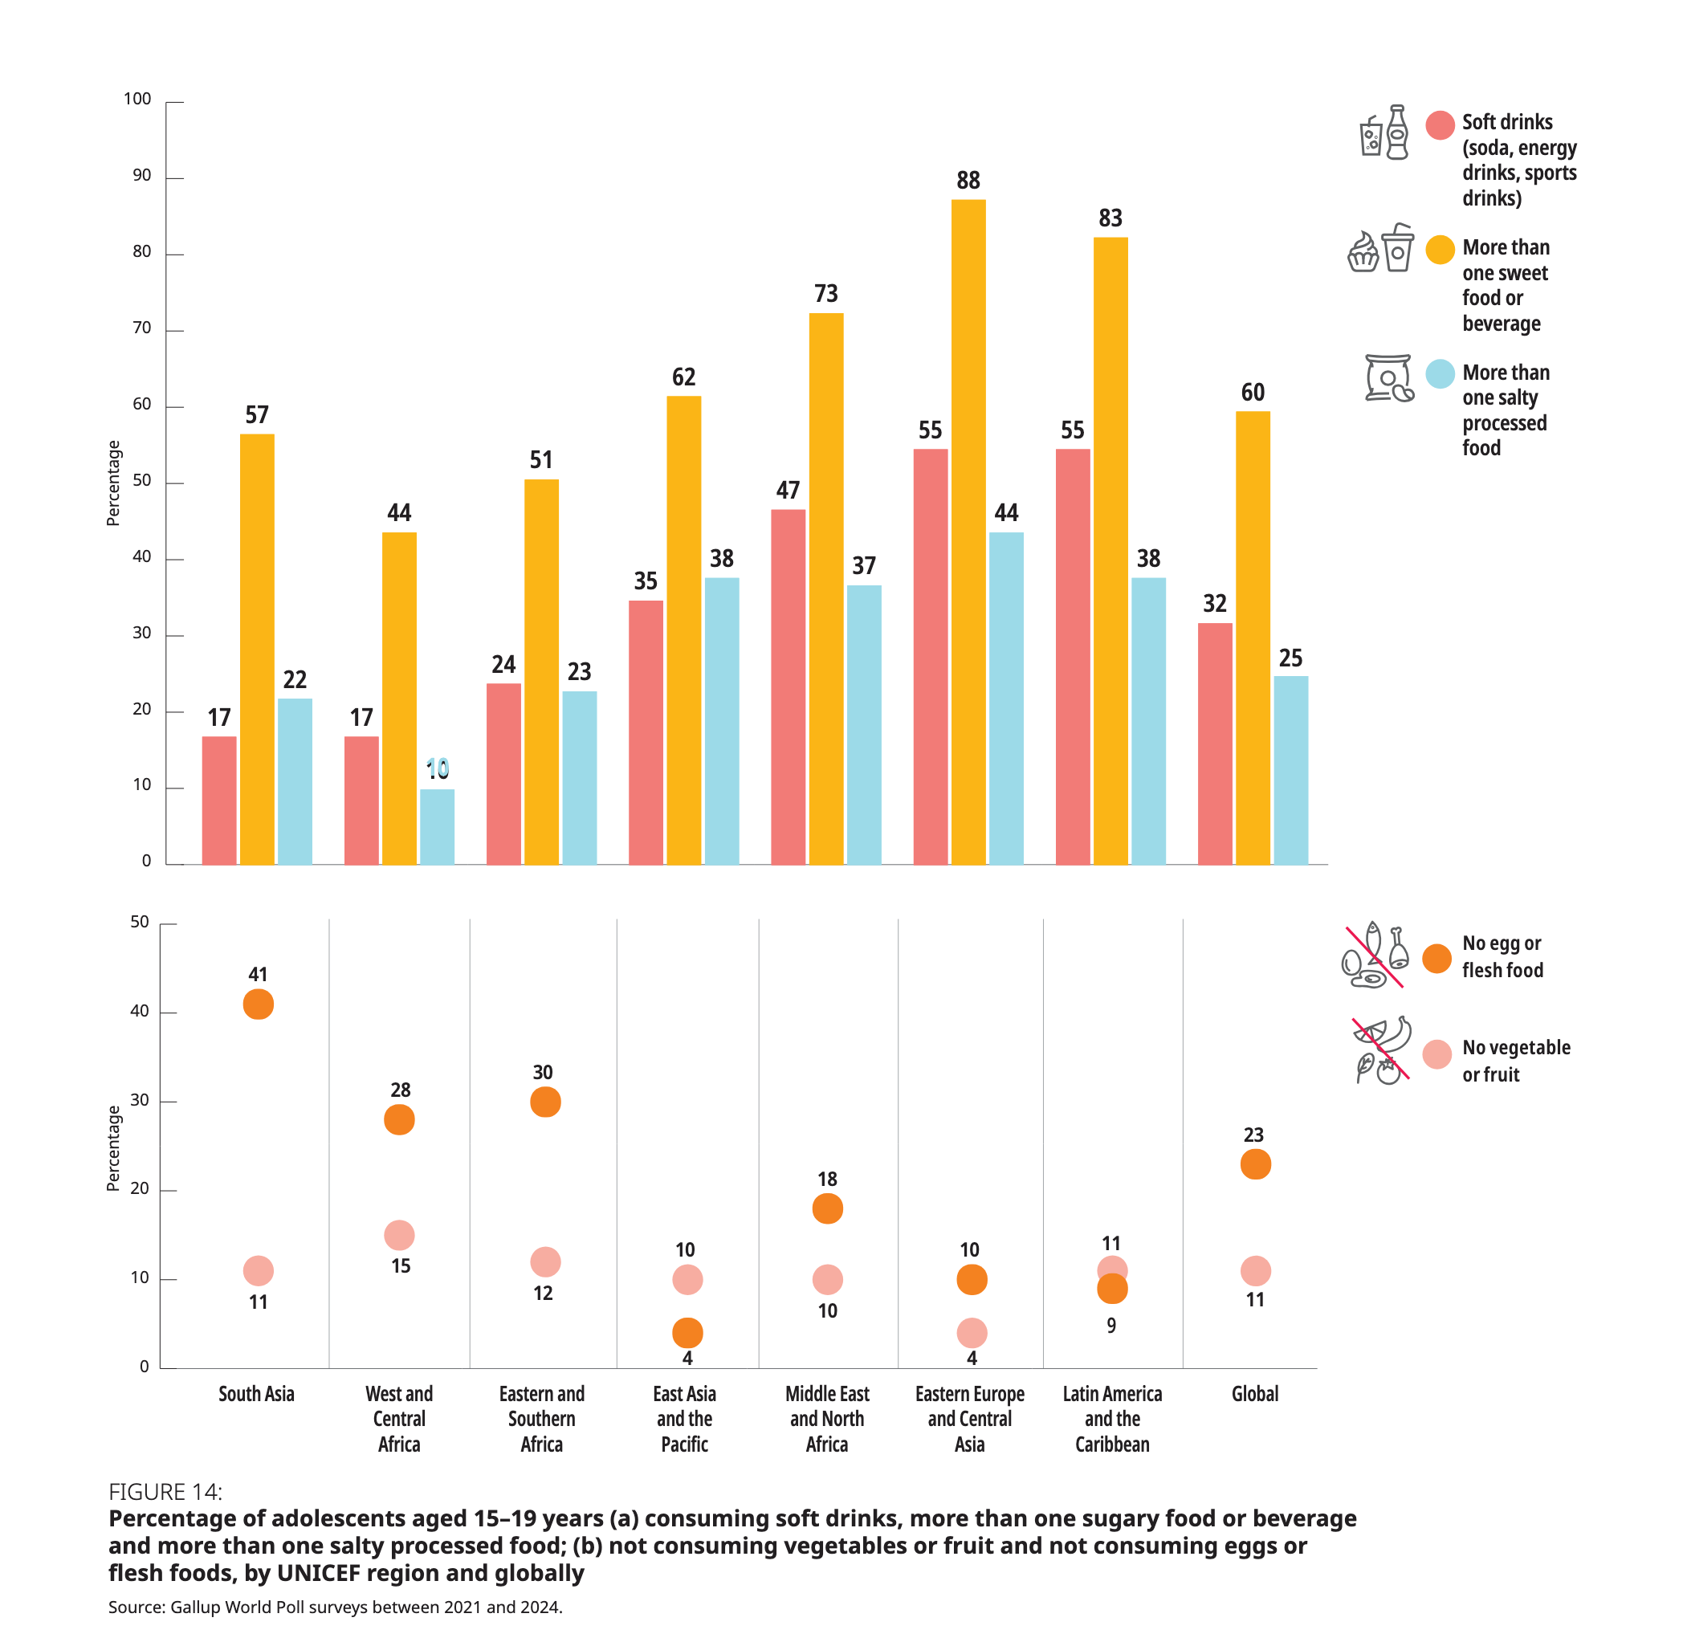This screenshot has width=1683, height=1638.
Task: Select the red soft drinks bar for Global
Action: [x=1214, y=744]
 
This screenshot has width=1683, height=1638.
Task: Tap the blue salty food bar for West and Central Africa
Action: [x=437, y=826]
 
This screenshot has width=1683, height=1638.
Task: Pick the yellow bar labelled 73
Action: [x=826, y=589]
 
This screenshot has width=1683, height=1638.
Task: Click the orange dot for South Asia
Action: [x=258, y=1004]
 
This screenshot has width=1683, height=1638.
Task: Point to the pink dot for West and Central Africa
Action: [x=399, y=1236]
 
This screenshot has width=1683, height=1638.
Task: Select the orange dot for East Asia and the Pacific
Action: [x=687, y=1333]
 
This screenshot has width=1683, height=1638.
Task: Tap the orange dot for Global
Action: [x=1255, y=1164]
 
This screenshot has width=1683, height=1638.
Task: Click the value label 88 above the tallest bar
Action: [x=968, y=181]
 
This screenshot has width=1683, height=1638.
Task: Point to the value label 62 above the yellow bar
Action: [x=684, y=377]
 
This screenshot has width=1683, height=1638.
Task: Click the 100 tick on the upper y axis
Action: [x=137, y=99]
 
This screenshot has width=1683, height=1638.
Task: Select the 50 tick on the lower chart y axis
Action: [x=140, y=923]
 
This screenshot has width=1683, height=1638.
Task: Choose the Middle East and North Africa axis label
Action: [x=827, y=1419]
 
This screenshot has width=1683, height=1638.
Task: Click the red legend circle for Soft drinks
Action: [x=1440, y=124]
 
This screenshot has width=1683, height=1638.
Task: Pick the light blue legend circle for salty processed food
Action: [x=1440, y=373]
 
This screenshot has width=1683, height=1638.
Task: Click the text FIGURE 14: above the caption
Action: [x=165, y=1492]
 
